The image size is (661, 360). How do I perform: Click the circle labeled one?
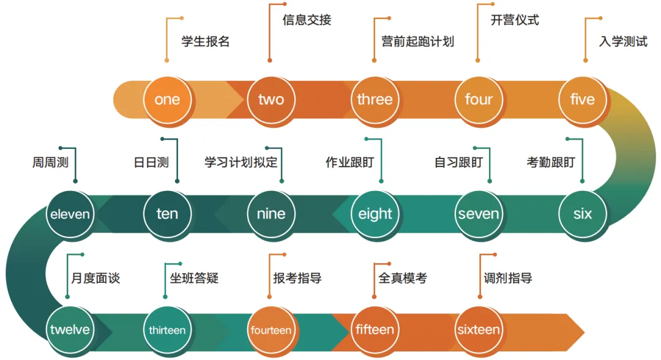click(x=167, y=100)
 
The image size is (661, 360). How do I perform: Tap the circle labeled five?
click(x=582, y=100)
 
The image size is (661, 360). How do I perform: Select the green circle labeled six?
click(x=582, y=214)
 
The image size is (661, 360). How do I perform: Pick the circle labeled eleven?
click(x=70, y=214)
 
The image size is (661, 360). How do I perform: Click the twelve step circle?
click(x=70, y=330)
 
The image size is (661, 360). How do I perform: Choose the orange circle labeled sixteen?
click(x=478, y=330)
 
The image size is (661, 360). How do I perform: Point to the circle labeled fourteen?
click(x=271, y=330)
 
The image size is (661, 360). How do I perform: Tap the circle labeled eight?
click(x=375, y=214)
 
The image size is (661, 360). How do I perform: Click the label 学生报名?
click(x=205, y=42)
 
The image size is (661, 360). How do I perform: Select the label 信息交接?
click(x=307, y=20)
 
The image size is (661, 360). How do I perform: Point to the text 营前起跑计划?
click(x=417, y=42)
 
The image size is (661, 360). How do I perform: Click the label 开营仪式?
click(x=515, y=20)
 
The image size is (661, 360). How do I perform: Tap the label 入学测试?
click(x=623, y=42)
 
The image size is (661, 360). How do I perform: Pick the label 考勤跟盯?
click(x=551, y=163)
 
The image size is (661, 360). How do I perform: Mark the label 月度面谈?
click(x=95, y=279)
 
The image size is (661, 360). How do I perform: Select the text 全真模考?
click(x=403, y=279)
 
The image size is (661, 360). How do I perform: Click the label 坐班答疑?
click(x=194, y=279)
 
